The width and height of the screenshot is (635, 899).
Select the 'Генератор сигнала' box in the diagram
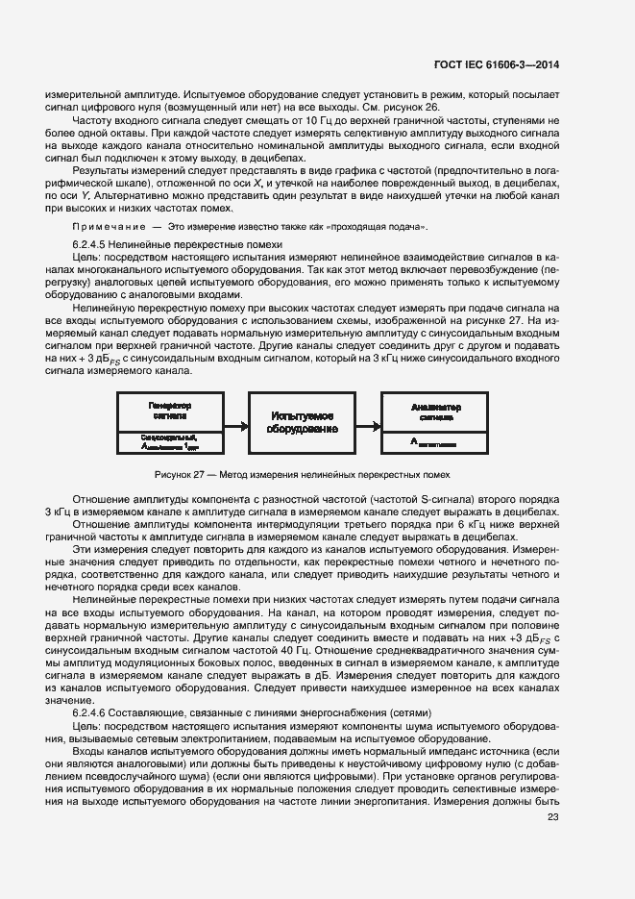(x=171, y=412)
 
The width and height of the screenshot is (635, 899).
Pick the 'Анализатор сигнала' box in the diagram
(x=437, y=412)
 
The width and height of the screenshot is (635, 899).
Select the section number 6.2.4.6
(x=94, y=713)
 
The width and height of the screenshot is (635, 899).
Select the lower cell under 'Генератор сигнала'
(x=171, y=441)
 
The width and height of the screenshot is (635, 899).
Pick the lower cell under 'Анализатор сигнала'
(x=437, y=441)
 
